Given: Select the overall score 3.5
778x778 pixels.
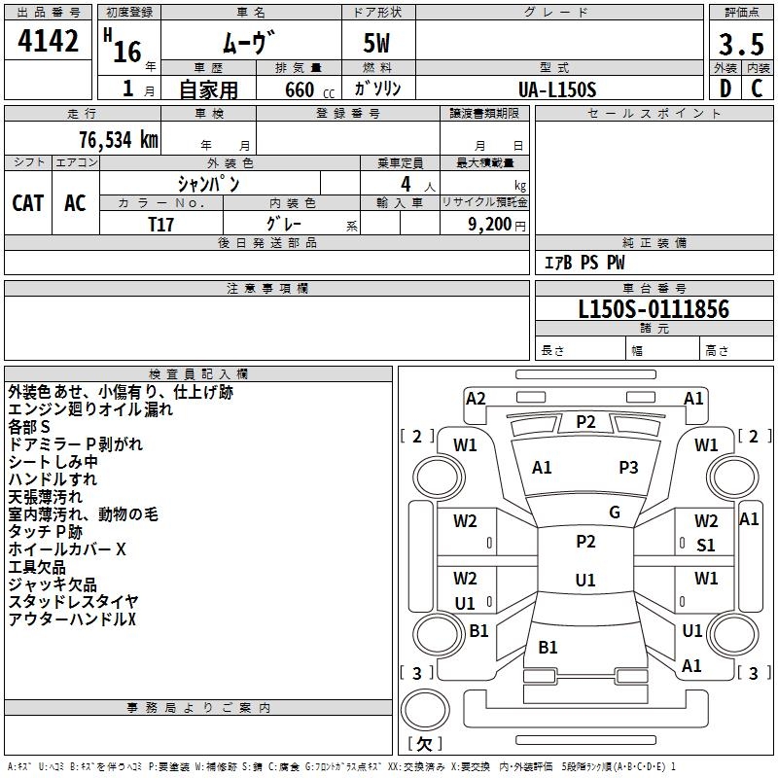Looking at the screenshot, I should pos(740,45).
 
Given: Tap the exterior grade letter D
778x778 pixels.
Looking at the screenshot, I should pos(725,88).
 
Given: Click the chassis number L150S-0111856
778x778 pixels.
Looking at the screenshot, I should pos(654,309).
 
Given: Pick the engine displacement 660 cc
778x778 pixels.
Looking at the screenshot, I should pos(298,89).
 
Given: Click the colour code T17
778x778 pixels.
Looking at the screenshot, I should pos(162,223).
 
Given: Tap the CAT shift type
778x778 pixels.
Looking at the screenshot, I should pos(28,202).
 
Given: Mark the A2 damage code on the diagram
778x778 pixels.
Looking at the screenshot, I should pos(476,398).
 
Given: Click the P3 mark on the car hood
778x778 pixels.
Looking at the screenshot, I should pos(628,468).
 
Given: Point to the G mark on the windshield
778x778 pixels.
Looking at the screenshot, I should pos(615,513).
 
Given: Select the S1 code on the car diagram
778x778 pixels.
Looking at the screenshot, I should pos(706,546).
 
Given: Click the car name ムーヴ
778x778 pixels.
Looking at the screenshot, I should pos(249,42).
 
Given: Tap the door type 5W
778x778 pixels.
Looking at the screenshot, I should pos(377,45).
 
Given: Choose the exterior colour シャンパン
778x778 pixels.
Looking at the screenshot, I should pos(208,183).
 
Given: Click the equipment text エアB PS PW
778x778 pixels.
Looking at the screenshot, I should pos(583,263).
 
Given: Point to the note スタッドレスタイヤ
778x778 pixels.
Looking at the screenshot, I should pos(73,602).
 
